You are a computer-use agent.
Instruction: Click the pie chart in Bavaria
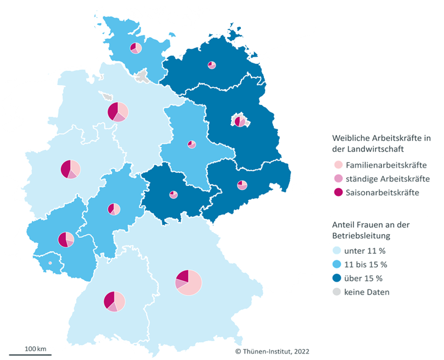pyautogui.click(x=188, y=283)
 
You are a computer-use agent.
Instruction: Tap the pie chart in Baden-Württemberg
pyautogui.click(x=115, y=301)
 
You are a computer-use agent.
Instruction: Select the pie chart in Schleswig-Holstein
pyautogui.click(x=136, y=48)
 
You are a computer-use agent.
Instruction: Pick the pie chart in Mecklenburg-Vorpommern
pyautogui.click(x=212, y=65)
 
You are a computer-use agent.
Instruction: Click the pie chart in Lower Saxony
pyautogui.click(x=118, y=111)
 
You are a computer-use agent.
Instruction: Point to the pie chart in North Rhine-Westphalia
pyautogui.click(x=70, y=169)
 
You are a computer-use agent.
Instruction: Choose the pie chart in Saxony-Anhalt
pyautogui.click(x=192, y=145)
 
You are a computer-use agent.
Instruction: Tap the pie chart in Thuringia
pyautogui.click(x=174, y=194)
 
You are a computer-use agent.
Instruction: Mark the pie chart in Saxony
pyautogui.click(x=242, y=185)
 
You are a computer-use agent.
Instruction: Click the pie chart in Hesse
pyautogui.click(x=114, y=209)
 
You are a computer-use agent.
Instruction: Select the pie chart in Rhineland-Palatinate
pyautogui.click(x=66, y=240)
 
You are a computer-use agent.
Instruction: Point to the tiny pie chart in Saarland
pyautogui.click(x=50, y=263)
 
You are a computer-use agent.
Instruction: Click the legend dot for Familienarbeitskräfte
pyautogui.click(x=338, y=165)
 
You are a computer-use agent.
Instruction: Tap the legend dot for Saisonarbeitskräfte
pyautogui.click(x=338, y=192)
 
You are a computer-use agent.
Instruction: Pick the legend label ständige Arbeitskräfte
pyautogui.click(x=388, y=179)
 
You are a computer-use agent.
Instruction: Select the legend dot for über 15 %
pyautogui.click(x=338, y=278)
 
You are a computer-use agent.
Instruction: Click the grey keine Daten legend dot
pyautogui.click(x=338, y=292)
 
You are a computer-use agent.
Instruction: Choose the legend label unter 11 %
pyautogui.click(x=366, y=250)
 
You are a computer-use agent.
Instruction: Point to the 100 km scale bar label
pyautogui.click(x=35, y=349)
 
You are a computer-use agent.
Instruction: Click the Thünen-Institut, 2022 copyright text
pyautogui.click(x=272, y=351)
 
